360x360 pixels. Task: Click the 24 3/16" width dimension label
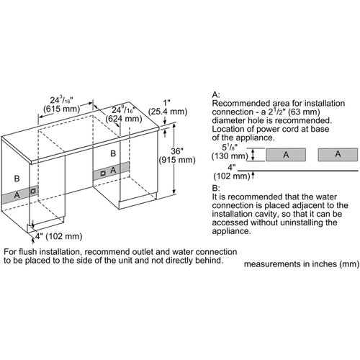click(x=61, y=100)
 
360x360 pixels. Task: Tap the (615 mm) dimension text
click(x=61, y=109)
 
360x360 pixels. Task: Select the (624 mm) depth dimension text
click(x=124, y=119)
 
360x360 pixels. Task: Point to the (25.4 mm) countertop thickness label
click(x=168, y=112)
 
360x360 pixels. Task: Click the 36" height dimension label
click(x=177, y=151)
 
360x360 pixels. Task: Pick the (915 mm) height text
click(x=177, y=160)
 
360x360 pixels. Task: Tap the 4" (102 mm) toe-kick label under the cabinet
click(x=59, y=236)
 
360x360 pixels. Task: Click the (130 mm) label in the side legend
click(x=230, y=156)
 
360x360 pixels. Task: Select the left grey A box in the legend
click(x=286, y=155)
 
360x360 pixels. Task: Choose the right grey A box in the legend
click(x=338, y=155)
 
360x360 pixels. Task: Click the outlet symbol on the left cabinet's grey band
click(x=33, y=191)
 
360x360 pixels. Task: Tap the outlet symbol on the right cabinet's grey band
click(x=103, y=173)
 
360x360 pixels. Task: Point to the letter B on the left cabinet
click(x=17, y=179)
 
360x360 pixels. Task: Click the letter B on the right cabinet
click(x=113, y=153)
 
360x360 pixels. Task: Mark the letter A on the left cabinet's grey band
click(x=17, y=195)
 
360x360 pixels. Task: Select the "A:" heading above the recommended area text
click(x=216, y=94)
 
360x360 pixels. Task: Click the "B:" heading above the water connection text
click(x=216, y=188)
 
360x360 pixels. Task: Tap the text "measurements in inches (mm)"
click(x=302, y=264)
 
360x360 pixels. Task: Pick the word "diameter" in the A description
click(x=225, y=120)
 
